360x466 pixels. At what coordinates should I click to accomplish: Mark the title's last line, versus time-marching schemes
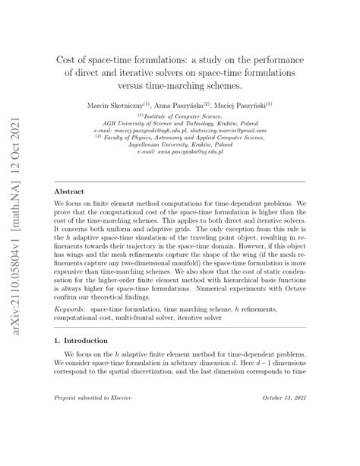(x=180, y=86)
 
